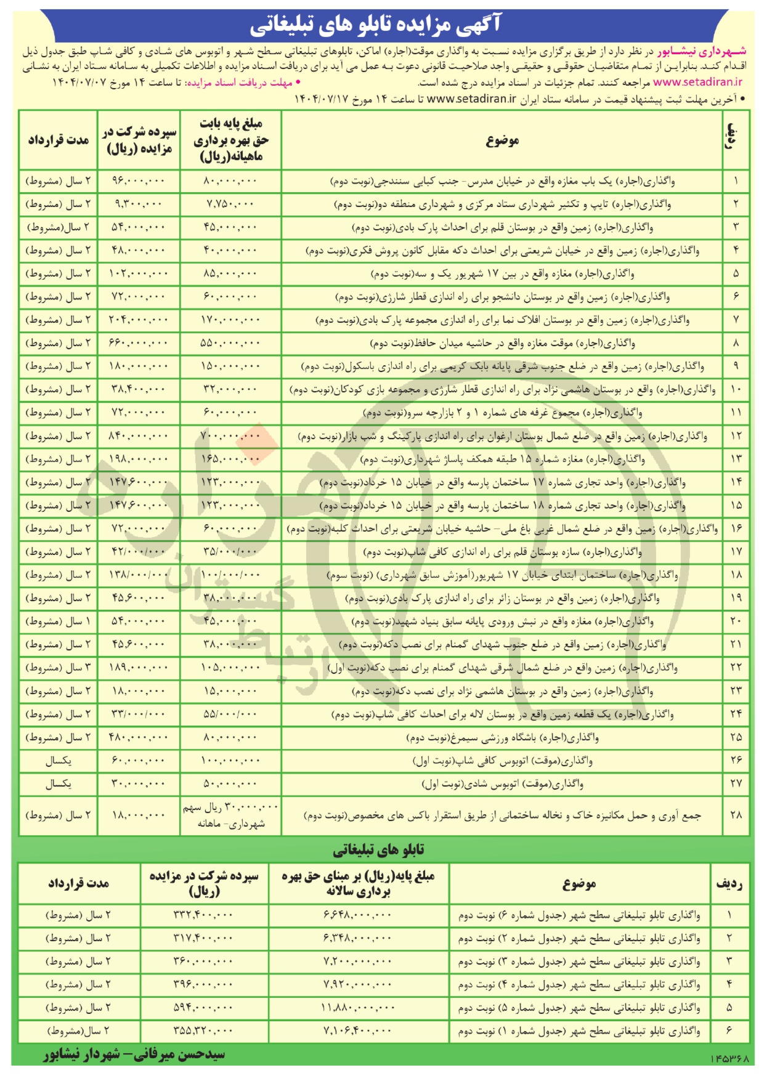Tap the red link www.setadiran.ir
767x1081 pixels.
point(697,82)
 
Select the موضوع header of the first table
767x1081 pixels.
point(502,140)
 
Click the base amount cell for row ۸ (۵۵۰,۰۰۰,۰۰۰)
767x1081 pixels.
point(230,343)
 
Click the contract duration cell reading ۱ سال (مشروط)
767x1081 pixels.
point(58,621)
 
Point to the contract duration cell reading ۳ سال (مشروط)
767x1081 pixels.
point(58,668)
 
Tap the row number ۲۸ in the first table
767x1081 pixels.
point(736,815)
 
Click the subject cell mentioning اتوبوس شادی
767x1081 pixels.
point(502,784)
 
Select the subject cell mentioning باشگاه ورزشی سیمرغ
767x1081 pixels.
point(502,737)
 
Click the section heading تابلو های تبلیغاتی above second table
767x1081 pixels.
point(378,850)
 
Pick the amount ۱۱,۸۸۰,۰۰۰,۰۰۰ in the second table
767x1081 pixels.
point(357,1008)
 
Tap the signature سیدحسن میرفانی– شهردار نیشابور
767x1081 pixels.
point(134,1055)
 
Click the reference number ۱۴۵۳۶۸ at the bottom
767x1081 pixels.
point(731,1059)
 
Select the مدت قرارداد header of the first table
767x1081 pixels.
point(58,140)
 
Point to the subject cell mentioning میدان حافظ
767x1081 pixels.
point(502,343)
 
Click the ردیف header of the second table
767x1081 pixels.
point(729,884)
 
